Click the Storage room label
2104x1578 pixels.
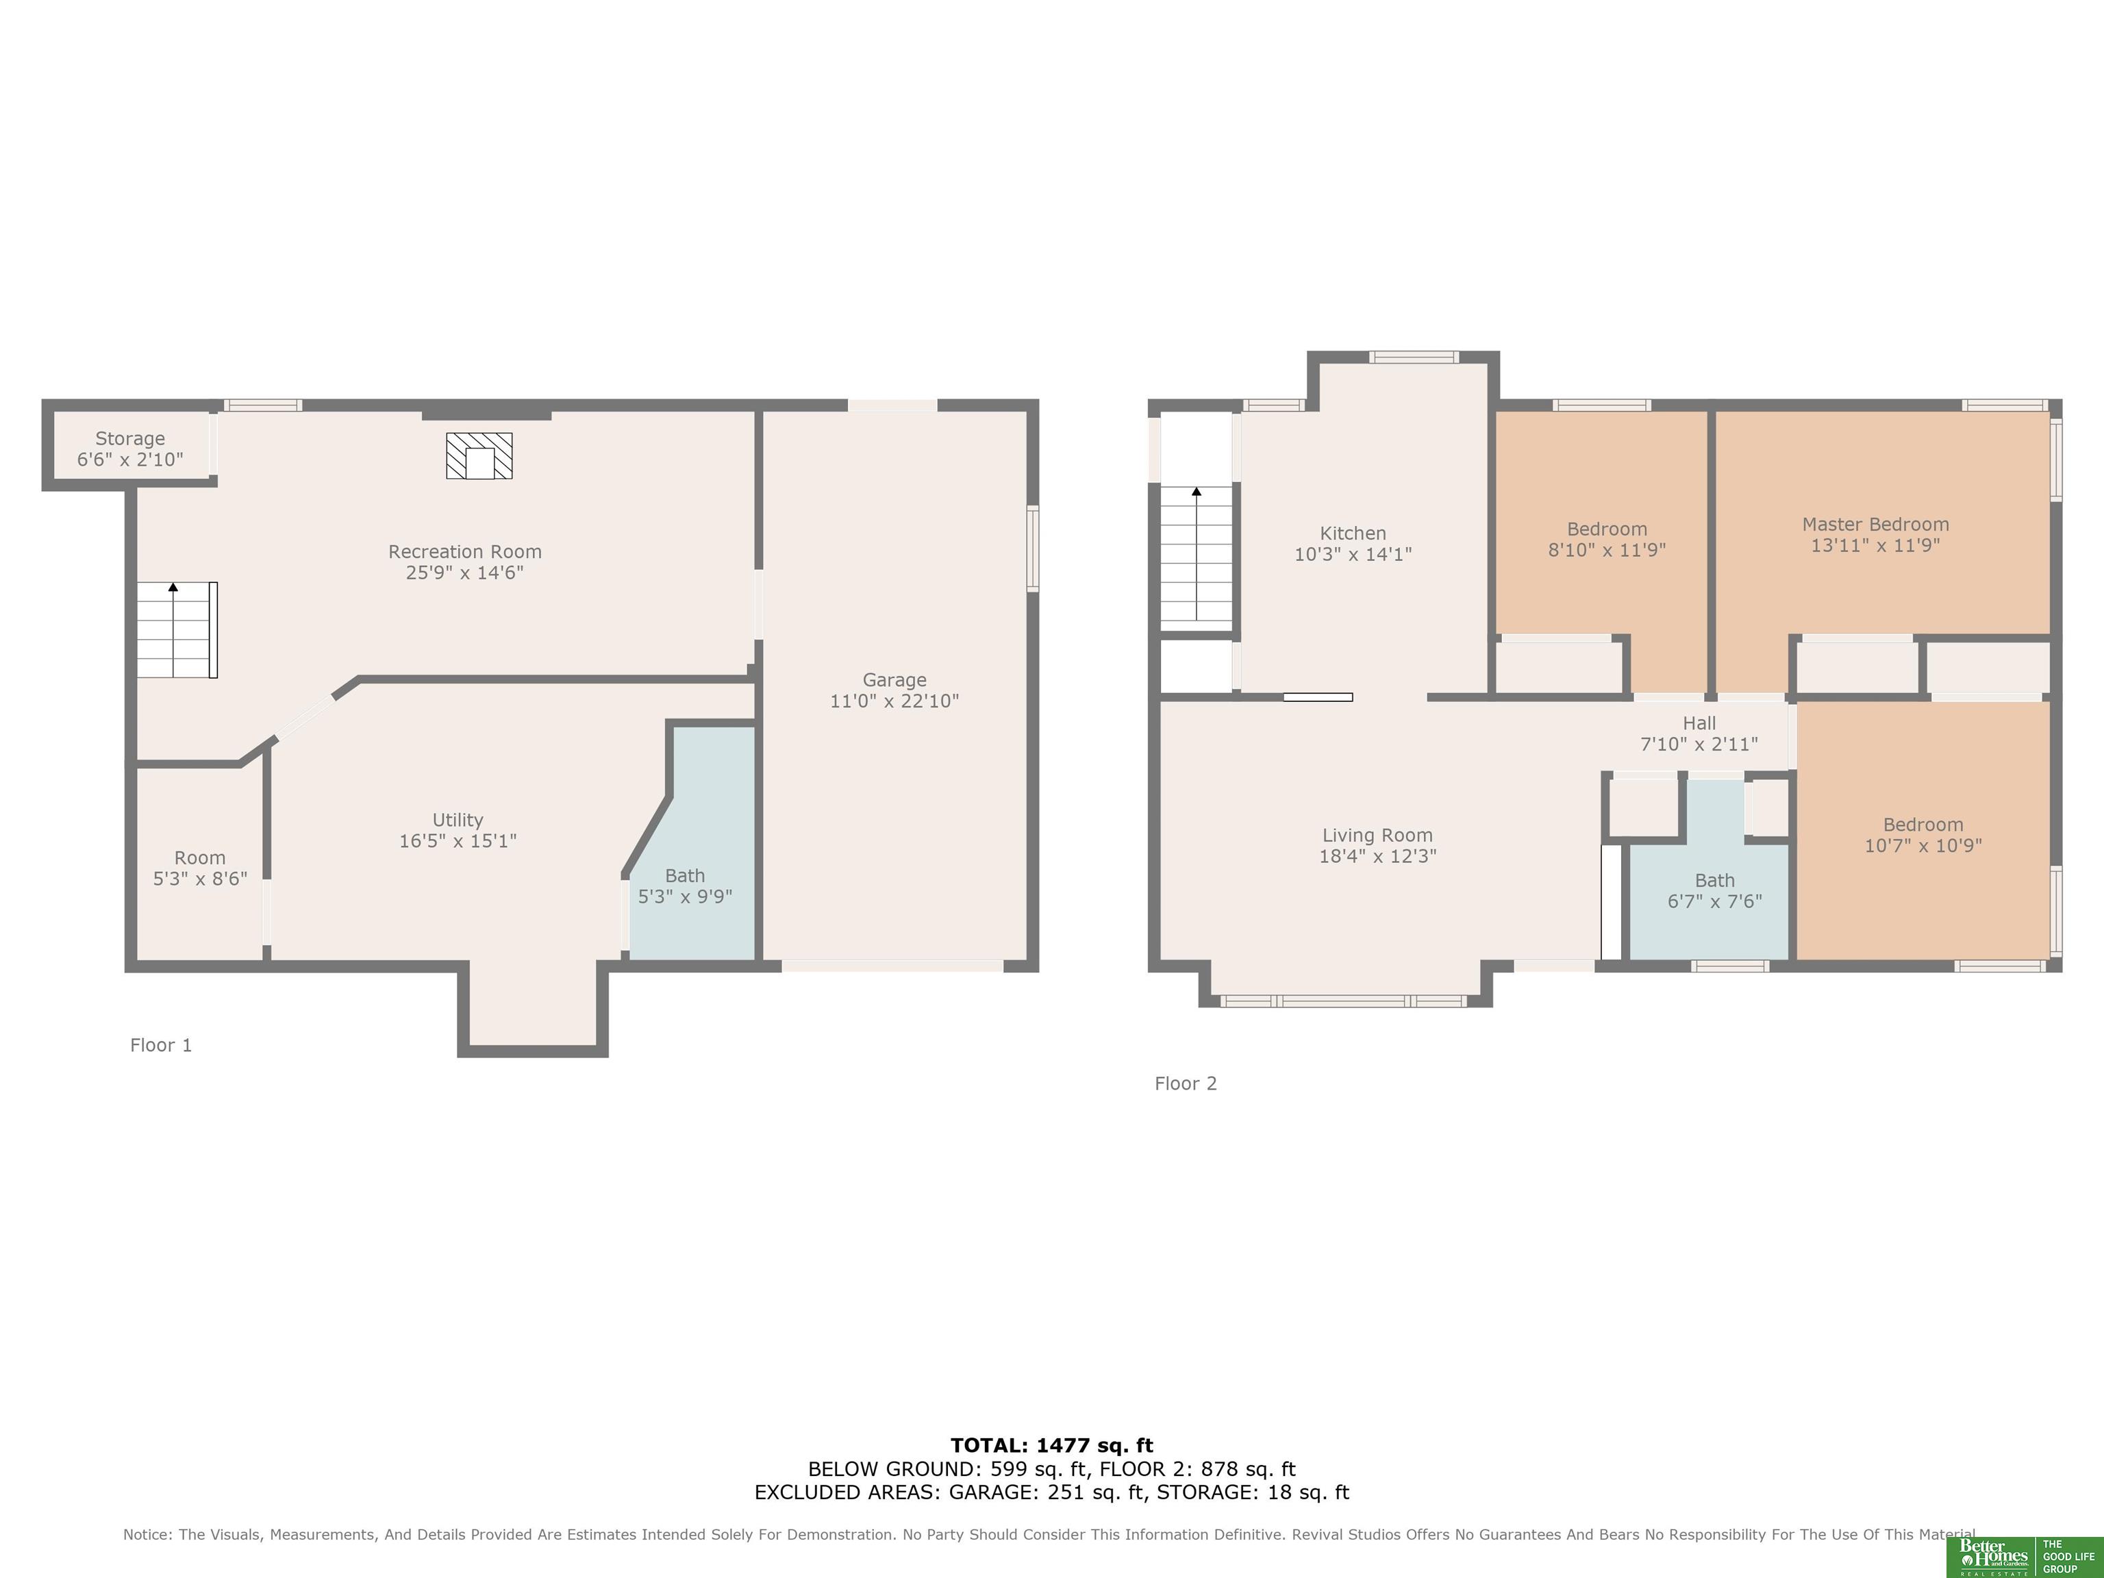point(130,438)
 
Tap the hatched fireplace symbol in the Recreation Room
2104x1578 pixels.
point(479,455)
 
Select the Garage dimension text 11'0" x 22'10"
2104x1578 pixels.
point(894,701)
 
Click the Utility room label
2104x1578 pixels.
point(458,820)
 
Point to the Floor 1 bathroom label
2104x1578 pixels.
point(685,875)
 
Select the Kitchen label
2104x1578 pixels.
point(1353,534)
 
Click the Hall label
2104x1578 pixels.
point(1699,723)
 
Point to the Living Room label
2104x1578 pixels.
point(1377,835)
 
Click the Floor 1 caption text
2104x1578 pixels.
point(161,1045)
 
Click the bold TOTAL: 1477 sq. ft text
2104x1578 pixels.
point(1052,1446)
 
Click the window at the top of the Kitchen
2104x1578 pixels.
point(1414,358)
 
